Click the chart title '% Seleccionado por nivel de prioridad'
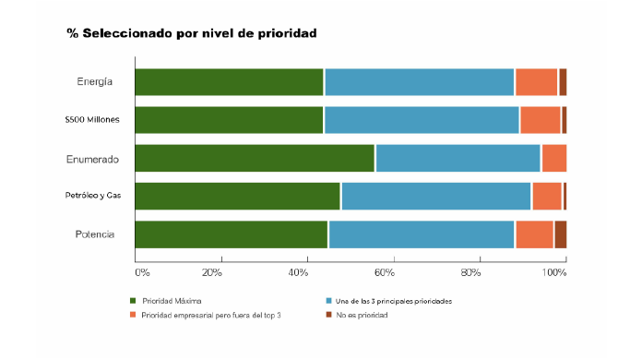pos(191,33)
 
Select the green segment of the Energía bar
pos(229,82)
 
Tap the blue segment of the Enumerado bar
pos(458,159)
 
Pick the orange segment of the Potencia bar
pos(534,234)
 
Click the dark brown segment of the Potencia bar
pos(560,234)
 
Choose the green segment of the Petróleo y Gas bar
pos(238,197)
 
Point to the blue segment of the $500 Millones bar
pos(422,120)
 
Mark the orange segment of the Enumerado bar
pos(553,159)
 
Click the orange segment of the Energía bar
pos(536,82)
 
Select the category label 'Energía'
pos(95,82)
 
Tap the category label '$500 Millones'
pos(92,120)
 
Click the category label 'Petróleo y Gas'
pos(93,197)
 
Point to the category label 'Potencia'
pos(95,234)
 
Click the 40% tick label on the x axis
pos(299,272)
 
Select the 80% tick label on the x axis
pos(471,272)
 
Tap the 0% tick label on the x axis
pos(142,272)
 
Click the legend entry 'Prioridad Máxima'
pos(172,301)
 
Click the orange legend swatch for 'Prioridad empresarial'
pos(133,316)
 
